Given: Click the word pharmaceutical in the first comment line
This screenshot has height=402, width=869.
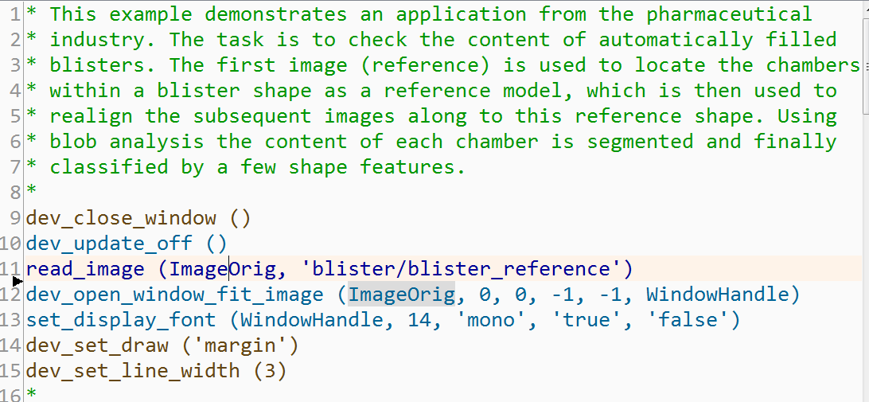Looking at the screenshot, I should click(x=729, y=14).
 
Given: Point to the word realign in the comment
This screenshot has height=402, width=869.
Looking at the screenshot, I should click(x=91, y=116).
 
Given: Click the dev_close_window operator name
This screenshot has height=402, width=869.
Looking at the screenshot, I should click(x=121, y=218).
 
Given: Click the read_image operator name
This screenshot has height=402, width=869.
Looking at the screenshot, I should click(x=85, y=269).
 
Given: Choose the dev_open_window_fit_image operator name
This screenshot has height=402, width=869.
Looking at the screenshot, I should click(x=175, y=295).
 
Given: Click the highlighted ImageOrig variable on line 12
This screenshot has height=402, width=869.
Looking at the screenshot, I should click(x=401, y=295).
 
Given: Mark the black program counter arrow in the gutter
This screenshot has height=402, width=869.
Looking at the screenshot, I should click(x=18, y=280).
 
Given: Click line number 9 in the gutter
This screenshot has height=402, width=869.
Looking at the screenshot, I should click(x=16, y=218).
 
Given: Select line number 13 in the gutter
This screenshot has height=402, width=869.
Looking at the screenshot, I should click(x=11, y=320).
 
